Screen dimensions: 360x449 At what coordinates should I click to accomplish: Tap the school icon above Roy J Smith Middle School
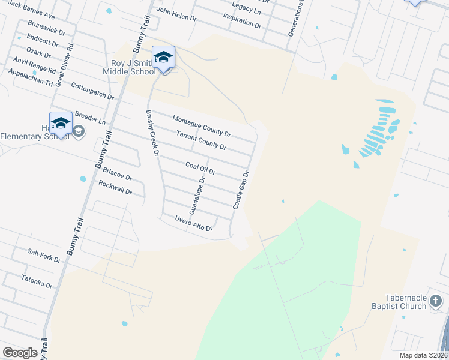point(163,58)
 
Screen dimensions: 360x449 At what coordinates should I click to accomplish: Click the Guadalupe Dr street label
point(197,196)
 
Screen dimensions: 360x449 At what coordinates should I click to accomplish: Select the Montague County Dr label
point(202,125)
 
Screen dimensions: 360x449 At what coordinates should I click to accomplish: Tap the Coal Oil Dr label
point(200,169)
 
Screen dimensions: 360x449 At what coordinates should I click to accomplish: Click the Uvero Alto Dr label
point(194,224)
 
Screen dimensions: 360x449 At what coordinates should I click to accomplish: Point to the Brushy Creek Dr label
point(151,133)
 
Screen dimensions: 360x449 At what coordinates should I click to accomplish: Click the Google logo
point(20,352)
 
